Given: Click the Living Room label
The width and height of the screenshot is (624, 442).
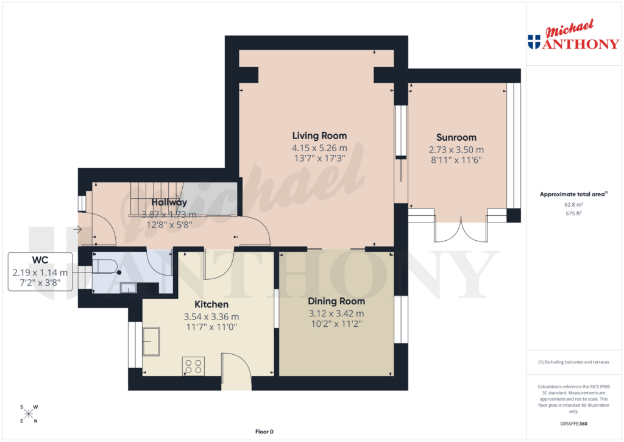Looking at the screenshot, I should [x=319, y=136].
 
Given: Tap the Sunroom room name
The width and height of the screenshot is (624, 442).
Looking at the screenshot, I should [x=456, y=137].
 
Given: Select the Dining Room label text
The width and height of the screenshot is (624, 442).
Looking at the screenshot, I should [x=336, y=301].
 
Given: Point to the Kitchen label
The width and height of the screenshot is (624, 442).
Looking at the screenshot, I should [x=211, y=304].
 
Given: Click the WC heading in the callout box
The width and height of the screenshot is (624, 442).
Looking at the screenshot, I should [x=40, y=260].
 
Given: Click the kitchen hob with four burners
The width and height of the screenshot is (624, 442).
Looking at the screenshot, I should [x=193, y=366].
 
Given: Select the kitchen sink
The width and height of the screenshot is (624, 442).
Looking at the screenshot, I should [x=151, y=341].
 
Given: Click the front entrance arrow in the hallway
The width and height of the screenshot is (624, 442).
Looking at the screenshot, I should [x=77, y=230].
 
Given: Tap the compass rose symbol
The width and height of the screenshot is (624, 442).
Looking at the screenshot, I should [x=29, y=414].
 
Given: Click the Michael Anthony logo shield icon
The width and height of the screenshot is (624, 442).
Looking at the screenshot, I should [x=534, y=42].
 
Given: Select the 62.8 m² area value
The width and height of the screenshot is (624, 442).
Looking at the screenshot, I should [x=573, y=205].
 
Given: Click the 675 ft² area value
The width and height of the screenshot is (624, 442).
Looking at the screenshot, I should [x=573, y=214].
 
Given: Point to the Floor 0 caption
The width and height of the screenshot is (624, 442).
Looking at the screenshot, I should [x=264, y=432].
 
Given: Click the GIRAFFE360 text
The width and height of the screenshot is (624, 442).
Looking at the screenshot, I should [x=573, y=424].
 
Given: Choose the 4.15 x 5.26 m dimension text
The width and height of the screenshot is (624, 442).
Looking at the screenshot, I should [x=319, y=148].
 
